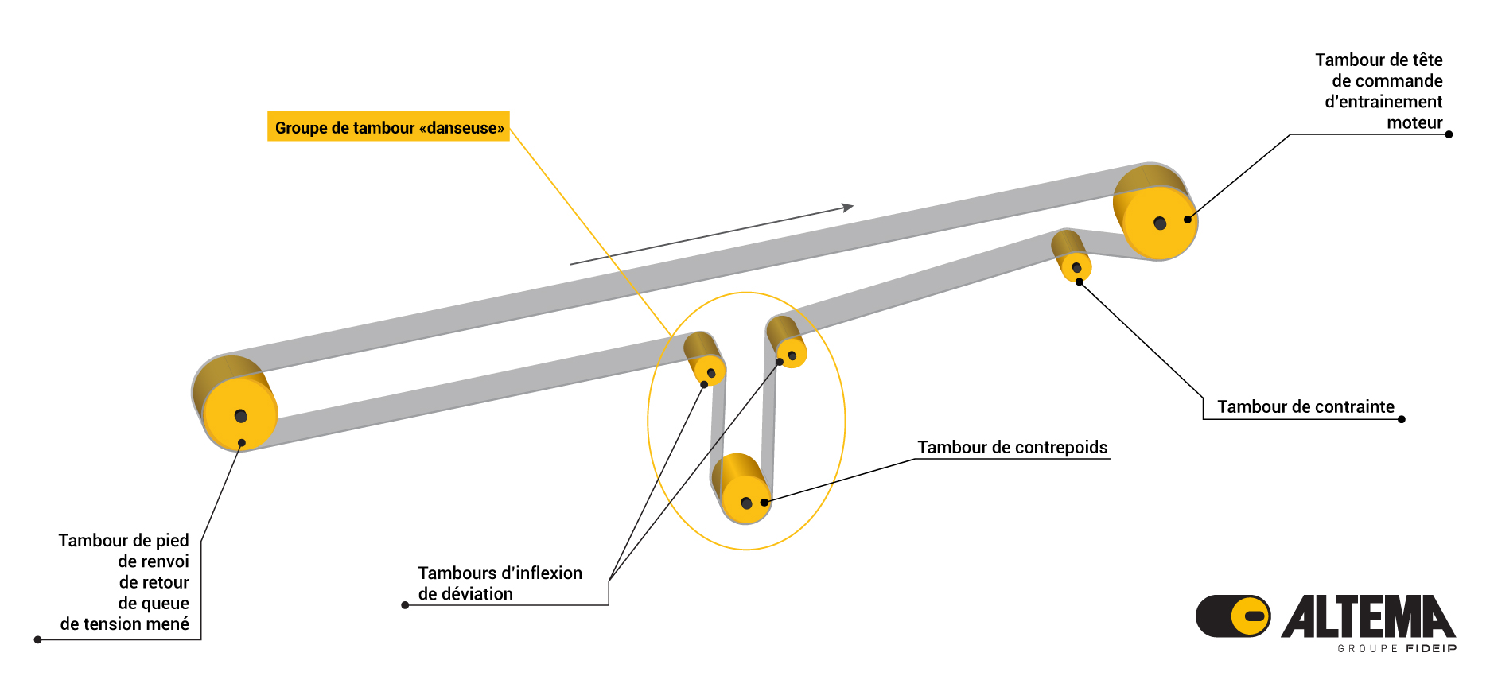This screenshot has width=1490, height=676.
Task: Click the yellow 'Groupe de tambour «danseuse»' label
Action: pos(388,127)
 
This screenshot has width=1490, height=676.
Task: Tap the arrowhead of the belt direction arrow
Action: pos(848,208)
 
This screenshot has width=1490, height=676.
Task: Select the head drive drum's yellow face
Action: pos(1161,223)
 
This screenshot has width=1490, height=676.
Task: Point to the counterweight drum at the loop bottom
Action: pos(745,499)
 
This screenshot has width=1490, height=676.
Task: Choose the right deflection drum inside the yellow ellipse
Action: pos(790,352)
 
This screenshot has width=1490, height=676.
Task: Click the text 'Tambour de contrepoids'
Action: pos(1012,447)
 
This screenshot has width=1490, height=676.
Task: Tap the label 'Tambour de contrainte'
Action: pos(1305,406)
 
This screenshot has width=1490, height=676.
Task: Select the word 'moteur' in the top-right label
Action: pos(1414,122)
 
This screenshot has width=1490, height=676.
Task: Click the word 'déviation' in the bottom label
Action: pos(477,594)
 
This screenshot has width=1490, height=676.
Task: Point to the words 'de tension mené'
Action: pos(125,624)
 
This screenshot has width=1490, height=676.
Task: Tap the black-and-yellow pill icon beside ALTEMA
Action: pos(1233,616)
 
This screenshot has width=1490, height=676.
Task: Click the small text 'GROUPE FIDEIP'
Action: pos(1397,649)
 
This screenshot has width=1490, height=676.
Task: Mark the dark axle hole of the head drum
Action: pos(1160,223)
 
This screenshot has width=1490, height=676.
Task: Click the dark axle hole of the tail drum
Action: pos(240,415)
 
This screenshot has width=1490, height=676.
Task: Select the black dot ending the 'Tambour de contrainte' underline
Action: pos(1401,419)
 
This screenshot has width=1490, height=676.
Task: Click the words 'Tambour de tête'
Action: pos(1378,60)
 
